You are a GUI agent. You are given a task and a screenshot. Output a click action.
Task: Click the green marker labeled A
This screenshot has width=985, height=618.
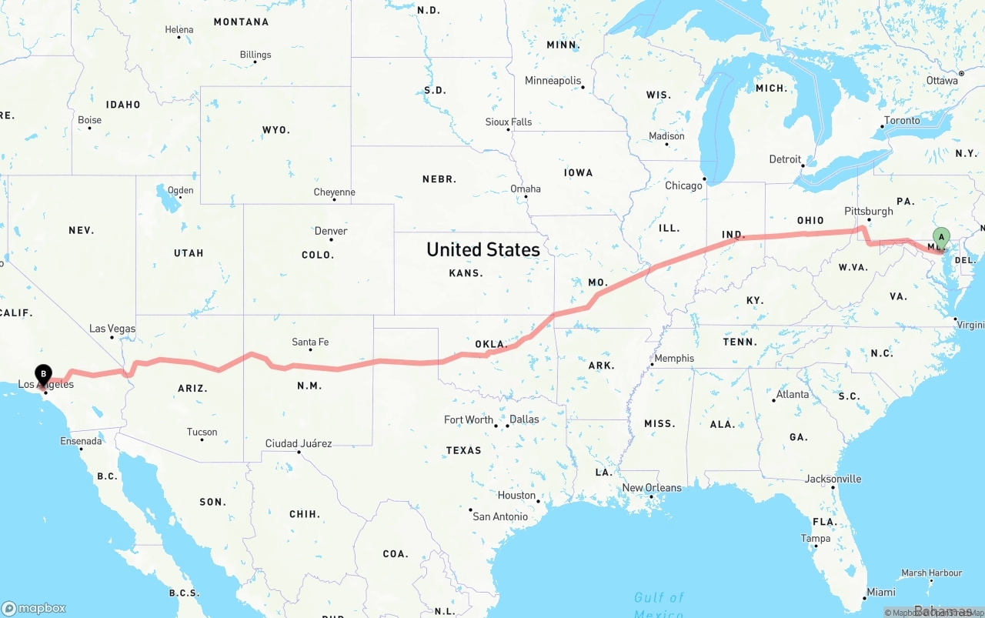(x=940, y=237)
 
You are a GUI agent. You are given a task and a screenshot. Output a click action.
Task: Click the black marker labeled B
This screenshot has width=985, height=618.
(x=43, y=375)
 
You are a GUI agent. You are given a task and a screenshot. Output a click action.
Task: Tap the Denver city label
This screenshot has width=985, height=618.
(x=331, y=231)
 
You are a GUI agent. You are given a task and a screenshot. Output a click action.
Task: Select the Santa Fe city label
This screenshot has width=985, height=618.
(x=310, y=342)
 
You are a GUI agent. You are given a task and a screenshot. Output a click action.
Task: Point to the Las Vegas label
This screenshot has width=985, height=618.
(x=112, y=329)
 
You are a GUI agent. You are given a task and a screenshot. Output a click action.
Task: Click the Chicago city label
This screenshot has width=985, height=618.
(x=683, y=185)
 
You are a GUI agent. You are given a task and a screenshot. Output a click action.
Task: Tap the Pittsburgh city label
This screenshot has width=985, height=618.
(x=869, y=211)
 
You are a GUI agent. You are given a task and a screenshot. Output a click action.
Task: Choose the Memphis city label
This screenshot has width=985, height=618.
(x=674, y=358)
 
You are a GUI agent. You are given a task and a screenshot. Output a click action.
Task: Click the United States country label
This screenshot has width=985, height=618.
(x=483, y=249)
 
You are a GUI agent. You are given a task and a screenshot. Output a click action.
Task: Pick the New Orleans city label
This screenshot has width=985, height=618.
(x=652, y=487)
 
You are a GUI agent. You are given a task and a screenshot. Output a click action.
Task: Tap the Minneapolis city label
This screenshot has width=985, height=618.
(x=553, y=80)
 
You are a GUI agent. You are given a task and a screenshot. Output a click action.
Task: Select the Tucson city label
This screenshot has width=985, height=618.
(x=202, y=432)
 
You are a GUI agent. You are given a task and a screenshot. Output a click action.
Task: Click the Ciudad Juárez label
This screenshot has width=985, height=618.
(x=299, y=443)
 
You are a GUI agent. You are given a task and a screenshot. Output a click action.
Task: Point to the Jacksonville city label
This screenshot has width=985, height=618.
(x=833, y=479)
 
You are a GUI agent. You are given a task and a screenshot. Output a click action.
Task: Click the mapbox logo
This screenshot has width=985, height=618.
(x=34, y=608)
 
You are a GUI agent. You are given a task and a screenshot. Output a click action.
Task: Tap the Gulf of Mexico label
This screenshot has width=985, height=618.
(x=659, y=604)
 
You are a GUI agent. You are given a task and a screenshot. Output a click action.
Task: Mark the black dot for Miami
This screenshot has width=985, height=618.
(x=863, y=598)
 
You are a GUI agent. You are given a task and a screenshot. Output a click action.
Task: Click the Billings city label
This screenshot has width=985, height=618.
(x=255, y=55)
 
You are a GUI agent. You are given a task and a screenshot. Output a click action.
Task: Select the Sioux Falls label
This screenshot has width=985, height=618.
(x=509, y=122)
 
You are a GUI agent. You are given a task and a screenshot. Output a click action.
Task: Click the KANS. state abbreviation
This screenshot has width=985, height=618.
(x=466, y=272)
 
